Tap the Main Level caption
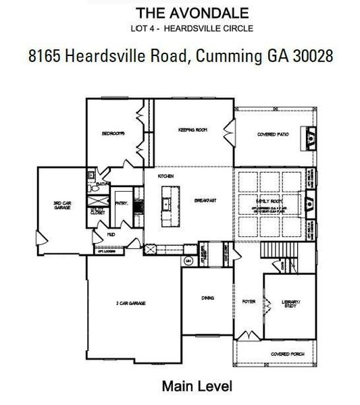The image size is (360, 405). tap(197, 387)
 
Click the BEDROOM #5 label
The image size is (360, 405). tap(111, 134)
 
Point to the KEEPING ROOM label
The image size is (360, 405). tap(192, 128)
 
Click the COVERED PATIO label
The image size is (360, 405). tap(273, 135)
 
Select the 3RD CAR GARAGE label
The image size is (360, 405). tap(62, 205)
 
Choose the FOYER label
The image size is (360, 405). tap(249, 302)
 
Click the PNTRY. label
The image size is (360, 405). tap(122, 203)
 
